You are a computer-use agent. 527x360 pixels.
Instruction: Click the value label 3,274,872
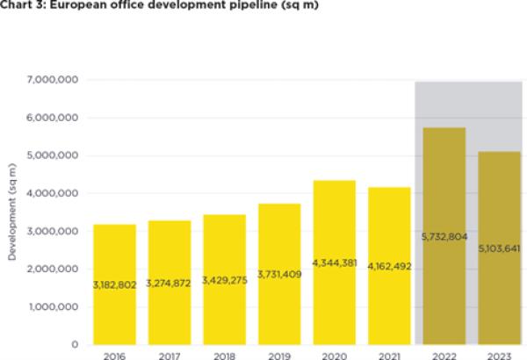(170, 285)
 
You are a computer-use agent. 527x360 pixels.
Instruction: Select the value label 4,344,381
(334, 263)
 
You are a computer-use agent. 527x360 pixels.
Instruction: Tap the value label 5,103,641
(498, 248)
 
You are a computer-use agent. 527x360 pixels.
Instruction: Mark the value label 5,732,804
(444, 236)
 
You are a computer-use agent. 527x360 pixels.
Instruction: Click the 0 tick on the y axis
(76, 344)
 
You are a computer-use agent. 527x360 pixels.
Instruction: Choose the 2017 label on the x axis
(170, 355)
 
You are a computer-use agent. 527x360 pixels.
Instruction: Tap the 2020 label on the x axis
(334, 355)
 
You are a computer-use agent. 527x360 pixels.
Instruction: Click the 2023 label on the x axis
(498, 355)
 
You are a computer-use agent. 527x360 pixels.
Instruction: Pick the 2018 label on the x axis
(224, 355)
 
